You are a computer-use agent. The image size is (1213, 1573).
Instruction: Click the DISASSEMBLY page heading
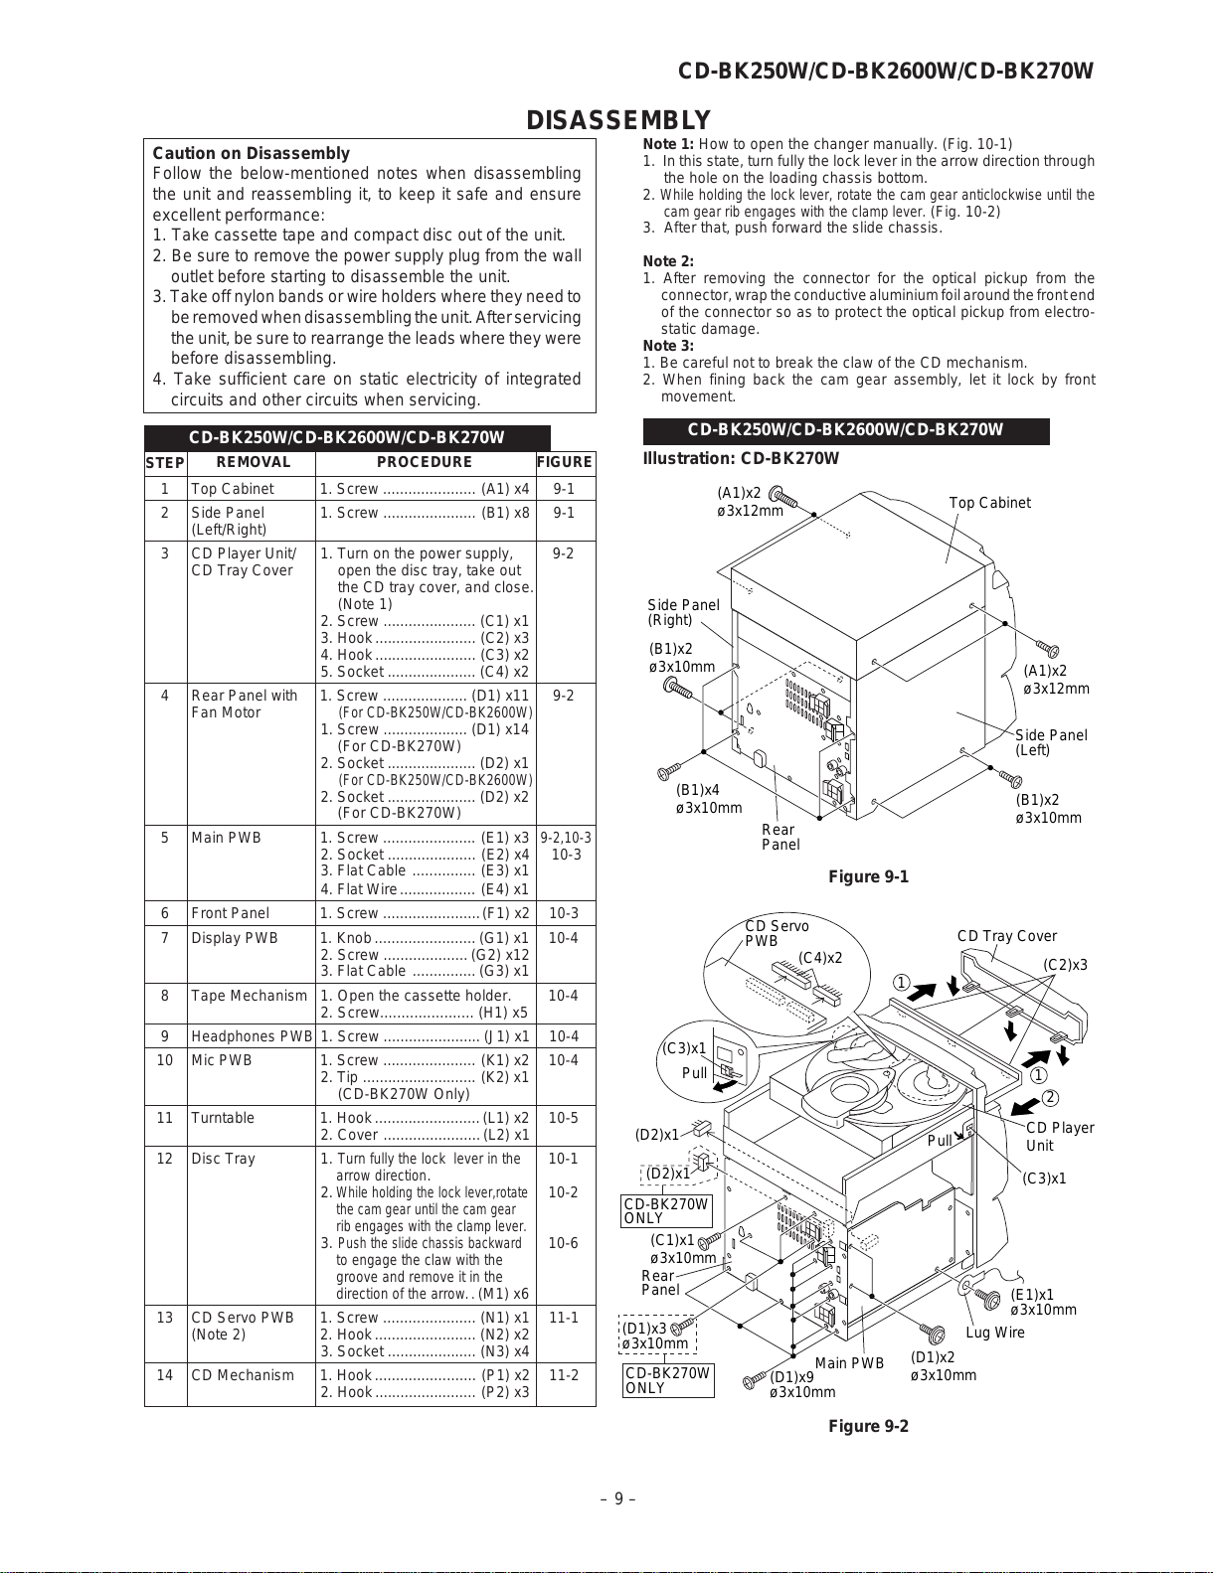(617, 120)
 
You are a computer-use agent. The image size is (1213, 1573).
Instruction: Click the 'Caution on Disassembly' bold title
(251, 153)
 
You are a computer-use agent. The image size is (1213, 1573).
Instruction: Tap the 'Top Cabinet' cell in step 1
(233, 489)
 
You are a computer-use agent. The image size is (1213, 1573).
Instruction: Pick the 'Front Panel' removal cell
(230, 913)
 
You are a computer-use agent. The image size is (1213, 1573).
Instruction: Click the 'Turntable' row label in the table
(223, 1118)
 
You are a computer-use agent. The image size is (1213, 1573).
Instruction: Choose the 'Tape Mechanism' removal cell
(249, 996)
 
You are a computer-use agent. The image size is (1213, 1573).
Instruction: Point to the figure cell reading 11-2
(564, 1375)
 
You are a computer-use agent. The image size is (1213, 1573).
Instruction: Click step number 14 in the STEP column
(164, 1375)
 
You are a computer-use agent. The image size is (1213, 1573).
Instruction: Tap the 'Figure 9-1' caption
(868, 876)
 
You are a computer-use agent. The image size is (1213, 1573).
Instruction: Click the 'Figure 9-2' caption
(868, 1427)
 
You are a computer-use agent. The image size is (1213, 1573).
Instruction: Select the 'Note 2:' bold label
(668, 261)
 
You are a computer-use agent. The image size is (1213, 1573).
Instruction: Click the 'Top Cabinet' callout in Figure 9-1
(989, 503)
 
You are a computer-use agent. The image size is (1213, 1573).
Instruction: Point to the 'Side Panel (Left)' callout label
(1050, 742)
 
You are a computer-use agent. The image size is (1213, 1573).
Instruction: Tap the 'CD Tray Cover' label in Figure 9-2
(1006, 936)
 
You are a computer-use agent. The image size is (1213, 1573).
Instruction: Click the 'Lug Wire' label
(995, 1333)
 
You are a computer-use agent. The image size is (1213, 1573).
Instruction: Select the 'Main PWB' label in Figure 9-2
(849, 1363)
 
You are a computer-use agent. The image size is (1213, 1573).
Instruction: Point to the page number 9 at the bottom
(617, 1499)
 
